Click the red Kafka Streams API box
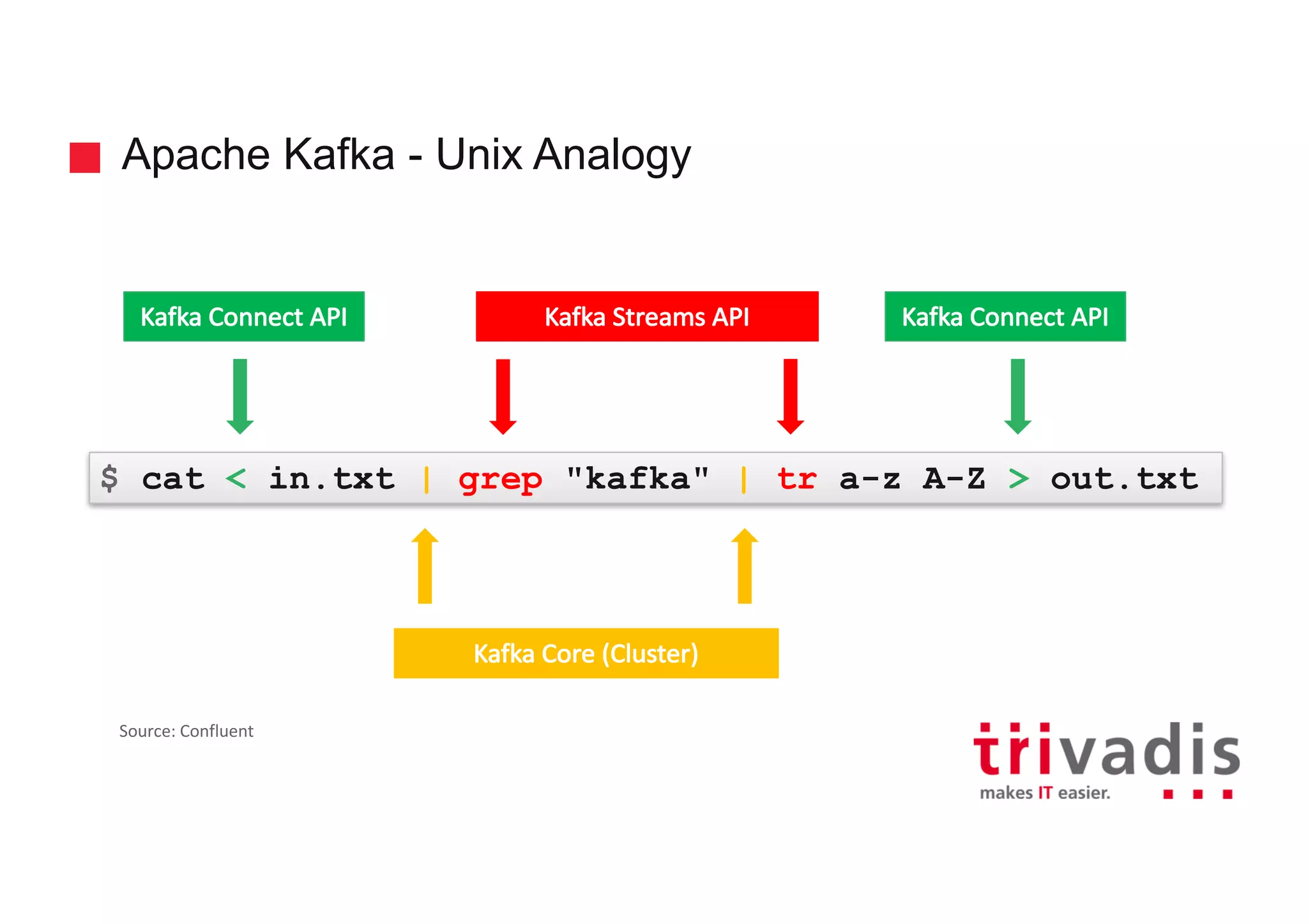646,317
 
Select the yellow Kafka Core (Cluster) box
586,653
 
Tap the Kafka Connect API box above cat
243,317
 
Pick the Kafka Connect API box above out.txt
1005,317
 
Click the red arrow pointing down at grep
503,396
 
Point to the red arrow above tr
791,396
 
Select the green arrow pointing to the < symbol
240,396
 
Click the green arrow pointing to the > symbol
1018,396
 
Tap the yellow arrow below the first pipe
425,566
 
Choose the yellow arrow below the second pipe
745,566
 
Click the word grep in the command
500,480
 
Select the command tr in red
796,479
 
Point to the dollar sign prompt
109,478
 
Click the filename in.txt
331,478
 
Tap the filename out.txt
1124,478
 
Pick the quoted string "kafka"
637,478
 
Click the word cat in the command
173,478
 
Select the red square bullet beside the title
85,158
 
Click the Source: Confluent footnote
186,731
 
